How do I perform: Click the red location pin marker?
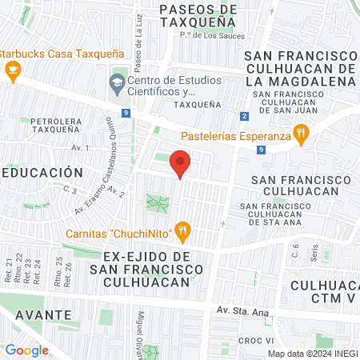click(181, 163)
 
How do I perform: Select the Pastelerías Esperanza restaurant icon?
click(302, 134)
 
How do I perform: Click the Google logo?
click(26, 350)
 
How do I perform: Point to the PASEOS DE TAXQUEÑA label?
click(198, 15)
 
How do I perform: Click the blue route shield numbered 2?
click(243, 118)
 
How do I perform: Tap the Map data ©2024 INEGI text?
click(313, 354)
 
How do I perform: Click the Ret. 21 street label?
click(9, 270)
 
